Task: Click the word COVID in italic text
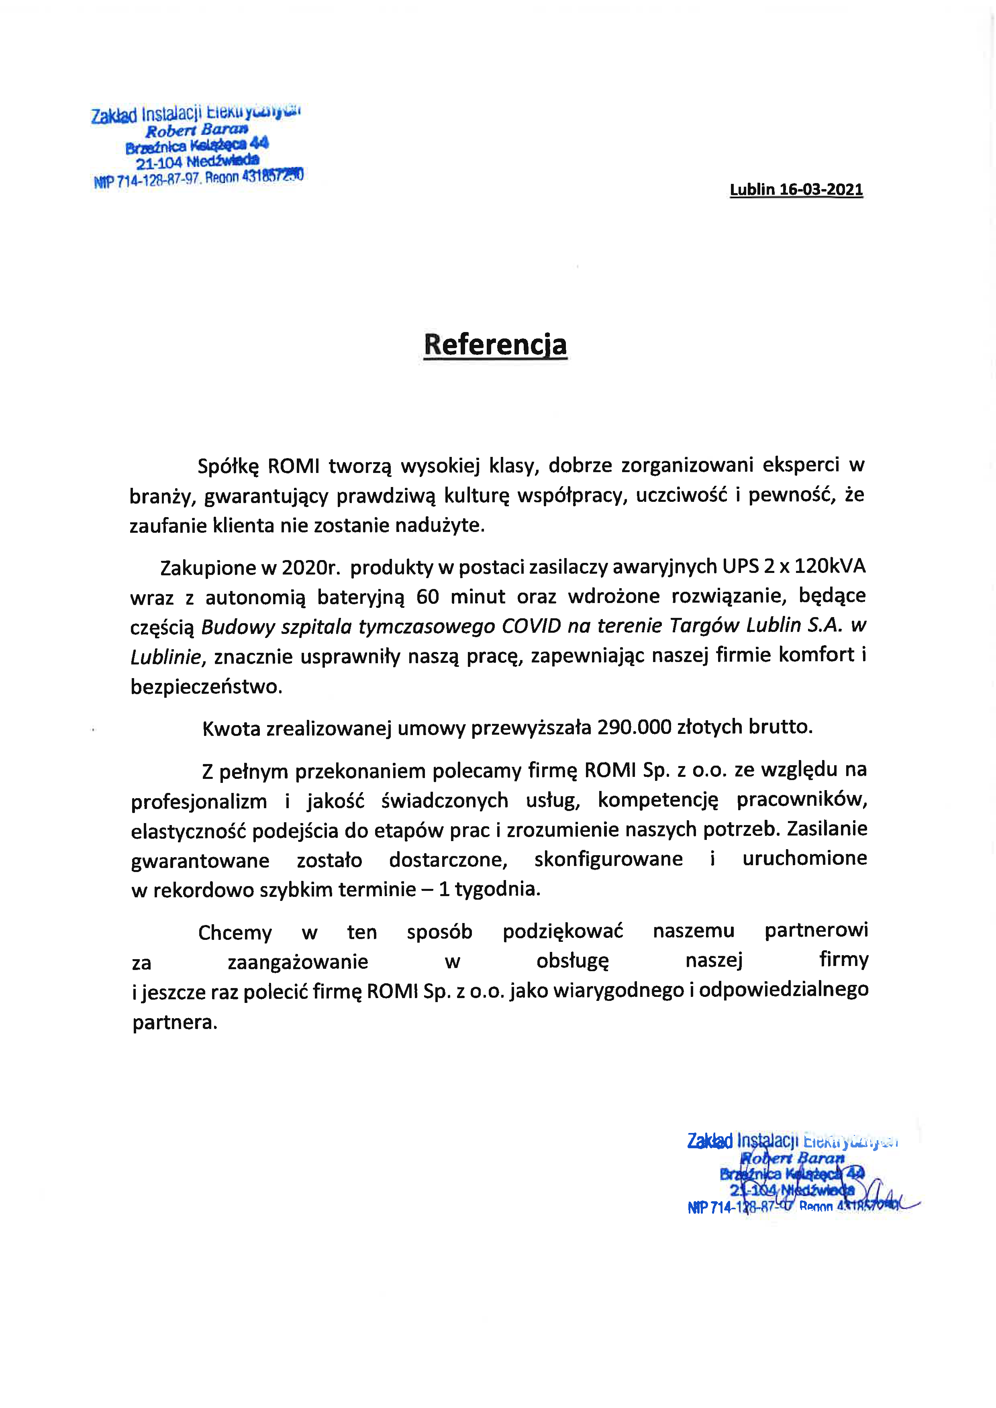coord(531,626)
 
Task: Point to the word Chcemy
coord(235,933)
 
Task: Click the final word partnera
coord(175,1022)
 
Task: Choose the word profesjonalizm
coord(199,801)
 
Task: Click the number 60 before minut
coord(427,596)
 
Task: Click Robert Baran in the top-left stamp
coord(196,130)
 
